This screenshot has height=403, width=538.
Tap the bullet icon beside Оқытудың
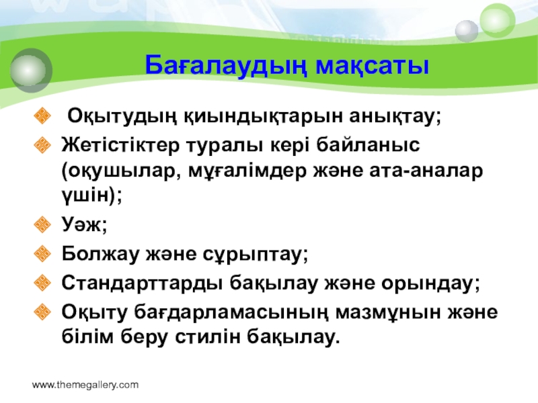42,115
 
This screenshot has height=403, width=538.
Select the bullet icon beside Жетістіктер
42,144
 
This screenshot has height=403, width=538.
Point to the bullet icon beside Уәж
42,224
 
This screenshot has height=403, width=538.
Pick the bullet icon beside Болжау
42,254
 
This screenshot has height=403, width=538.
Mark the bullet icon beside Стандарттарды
42,283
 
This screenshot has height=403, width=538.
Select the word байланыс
368,145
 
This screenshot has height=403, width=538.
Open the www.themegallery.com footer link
85,385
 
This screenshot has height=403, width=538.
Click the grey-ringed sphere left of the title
31,71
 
